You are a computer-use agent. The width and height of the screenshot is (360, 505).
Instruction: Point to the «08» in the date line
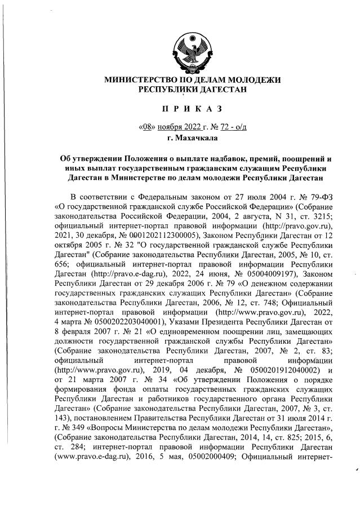[146, 126]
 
